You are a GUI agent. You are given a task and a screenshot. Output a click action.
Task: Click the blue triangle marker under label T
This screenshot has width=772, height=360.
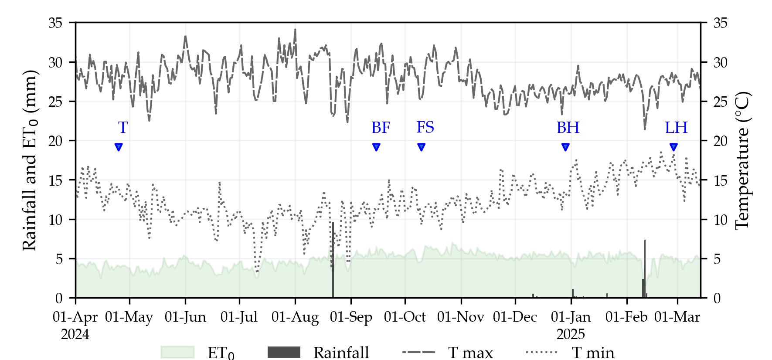point(119,147)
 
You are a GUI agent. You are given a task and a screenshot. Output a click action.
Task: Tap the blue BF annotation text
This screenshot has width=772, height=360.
point(381,128)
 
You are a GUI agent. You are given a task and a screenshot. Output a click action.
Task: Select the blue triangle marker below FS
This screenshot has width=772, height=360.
point(421,147)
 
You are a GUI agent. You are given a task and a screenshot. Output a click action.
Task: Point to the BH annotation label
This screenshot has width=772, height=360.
point(568,128)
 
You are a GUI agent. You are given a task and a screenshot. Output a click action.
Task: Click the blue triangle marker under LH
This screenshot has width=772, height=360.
point(673,147)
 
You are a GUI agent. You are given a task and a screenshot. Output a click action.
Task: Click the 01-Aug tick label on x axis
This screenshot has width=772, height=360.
point(295,317)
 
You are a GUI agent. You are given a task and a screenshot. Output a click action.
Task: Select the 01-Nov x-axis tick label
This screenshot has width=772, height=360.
point(461,317)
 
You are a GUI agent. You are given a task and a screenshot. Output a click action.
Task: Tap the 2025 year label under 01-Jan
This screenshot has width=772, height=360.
point(571,334)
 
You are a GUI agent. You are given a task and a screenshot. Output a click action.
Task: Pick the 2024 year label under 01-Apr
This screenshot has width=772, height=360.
point(75,334)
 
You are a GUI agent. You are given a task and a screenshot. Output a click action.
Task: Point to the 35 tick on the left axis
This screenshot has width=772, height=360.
point(55,23)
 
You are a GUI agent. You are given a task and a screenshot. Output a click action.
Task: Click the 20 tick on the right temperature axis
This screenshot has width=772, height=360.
point(720,141)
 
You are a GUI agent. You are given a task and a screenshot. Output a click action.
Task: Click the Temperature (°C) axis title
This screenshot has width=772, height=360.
point(742,160)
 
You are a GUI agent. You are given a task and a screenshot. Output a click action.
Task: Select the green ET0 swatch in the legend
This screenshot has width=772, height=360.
point(177,352)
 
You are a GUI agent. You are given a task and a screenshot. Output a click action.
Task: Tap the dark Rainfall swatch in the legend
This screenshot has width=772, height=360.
point(284,352)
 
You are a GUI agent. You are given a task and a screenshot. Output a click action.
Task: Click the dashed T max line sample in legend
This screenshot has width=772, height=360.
point(418,352)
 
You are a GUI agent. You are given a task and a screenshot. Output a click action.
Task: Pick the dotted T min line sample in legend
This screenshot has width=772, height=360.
point(542,352)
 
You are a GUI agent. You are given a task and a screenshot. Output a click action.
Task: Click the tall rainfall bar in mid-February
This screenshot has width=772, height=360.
point(645,268)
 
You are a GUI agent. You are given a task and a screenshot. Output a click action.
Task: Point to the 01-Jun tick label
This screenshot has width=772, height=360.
point(185,317)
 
